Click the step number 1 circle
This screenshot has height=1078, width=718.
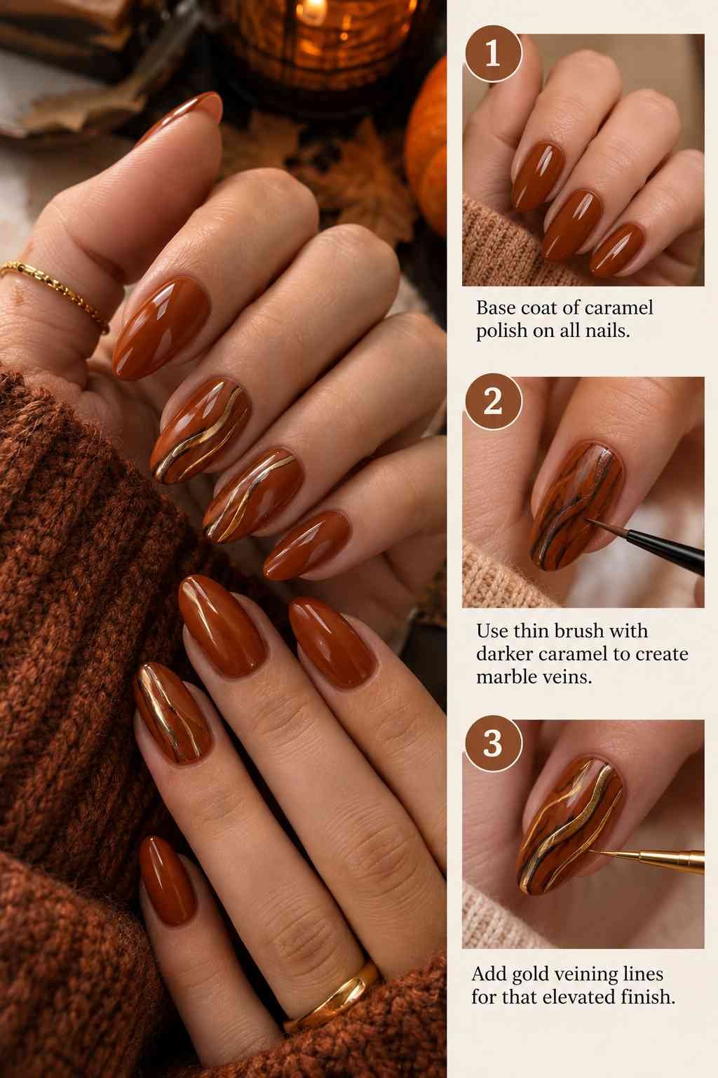[493, 53]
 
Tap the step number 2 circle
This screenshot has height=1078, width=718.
[493, 401]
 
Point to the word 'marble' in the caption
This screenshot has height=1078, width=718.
[507, 677]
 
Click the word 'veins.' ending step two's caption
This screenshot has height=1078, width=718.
[568, 677]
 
